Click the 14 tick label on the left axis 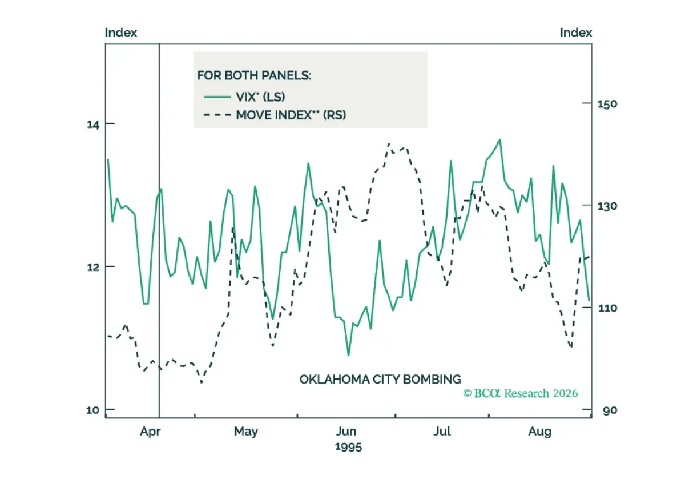93,125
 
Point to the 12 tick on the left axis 93,267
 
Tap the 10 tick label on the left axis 93,410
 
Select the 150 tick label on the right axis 607,104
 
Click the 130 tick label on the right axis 607,206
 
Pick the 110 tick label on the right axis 607,308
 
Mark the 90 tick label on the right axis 610,410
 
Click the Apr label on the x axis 150,432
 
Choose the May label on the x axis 246,432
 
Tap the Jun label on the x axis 346,432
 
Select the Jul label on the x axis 442,432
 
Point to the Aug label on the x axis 540,432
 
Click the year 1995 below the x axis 348,447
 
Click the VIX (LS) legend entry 245,97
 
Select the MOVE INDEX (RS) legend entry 275,115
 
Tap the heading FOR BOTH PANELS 254,75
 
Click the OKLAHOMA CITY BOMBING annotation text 380,379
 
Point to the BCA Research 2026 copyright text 521,393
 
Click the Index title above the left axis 121,33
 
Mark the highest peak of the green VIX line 500,139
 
